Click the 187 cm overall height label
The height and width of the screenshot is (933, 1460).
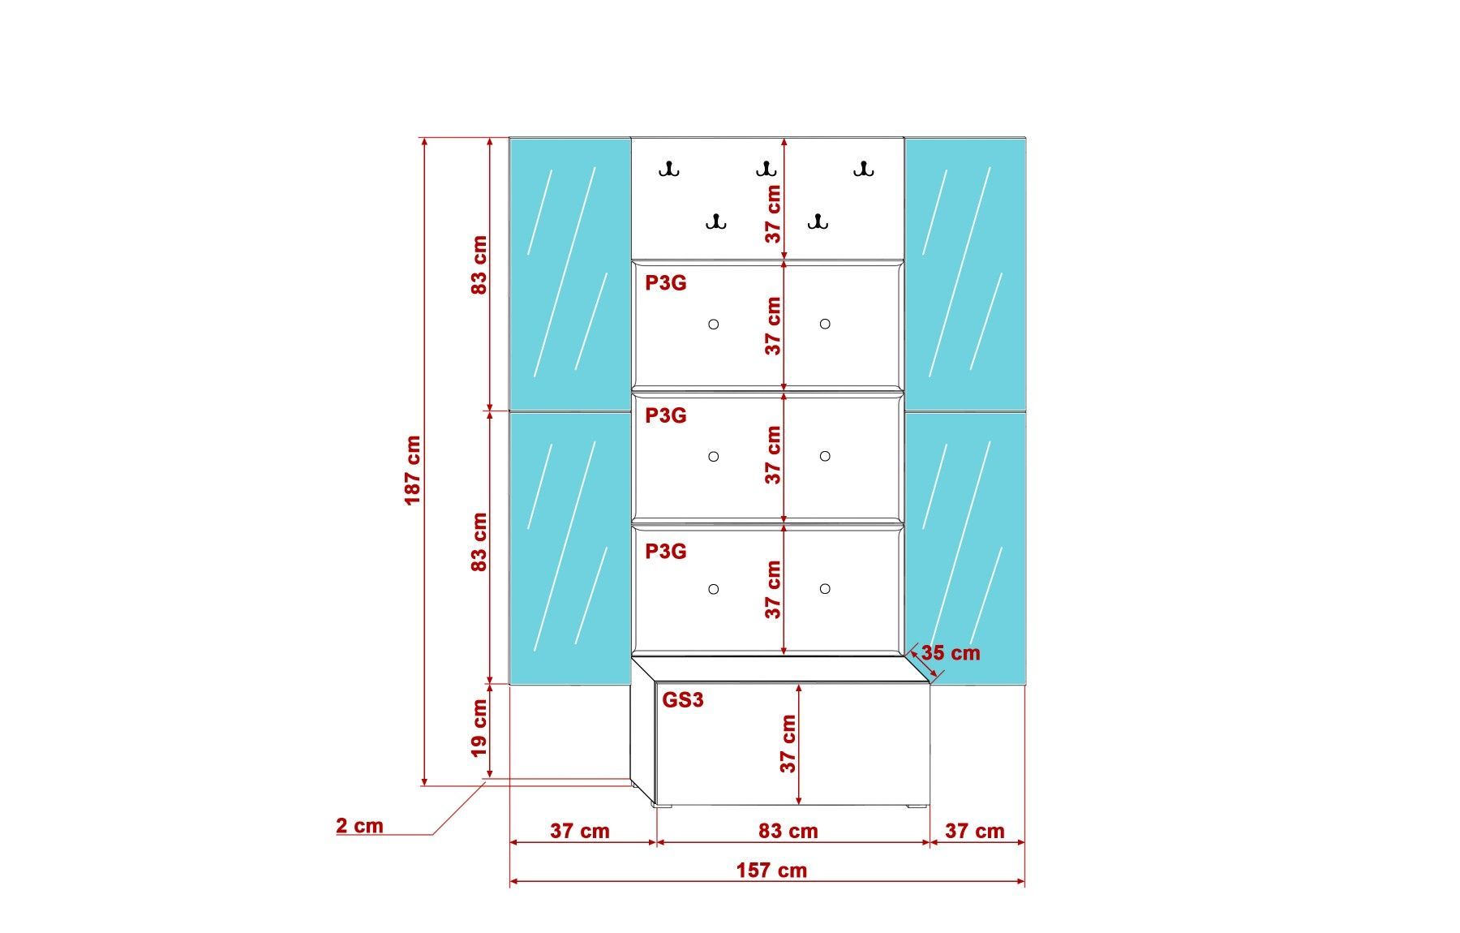pyautogui.click(x=413, y=471)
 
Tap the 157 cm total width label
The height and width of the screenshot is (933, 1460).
pyautogui.click(x=771, y=871)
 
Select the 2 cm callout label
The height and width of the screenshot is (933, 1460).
pyautogui.click(x=359, y=826)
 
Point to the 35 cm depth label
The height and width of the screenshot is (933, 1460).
pyautogui.click(x=951, y=653)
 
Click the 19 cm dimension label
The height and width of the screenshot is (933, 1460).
pyautogui.click(x=479, y=729)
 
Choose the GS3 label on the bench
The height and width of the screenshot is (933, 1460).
pyautogui.click(x=683, y=700)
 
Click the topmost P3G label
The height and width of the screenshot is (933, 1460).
pyautogui.click(x=666, y=283)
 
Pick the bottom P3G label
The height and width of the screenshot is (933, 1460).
pyautogui.click(x=666, y=552)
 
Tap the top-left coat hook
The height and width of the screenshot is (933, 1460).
pyautogui.click(x=669, y=170)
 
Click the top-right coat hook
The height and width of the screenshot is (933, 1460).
pyautogui.click(x=863, y=170)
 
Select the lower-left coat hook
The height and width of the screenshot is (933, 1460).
pyautogui.click(x=715, y=221)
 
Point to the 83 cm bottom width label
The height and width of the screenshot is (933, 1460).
pyautogui.click(x=788, y=832)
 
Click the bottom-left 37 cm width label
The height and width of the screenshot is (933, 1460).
pyautogui.click(x=580, y=832)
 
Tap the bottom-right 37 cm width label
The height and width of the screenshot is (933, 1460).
pyautogui.click(x=975, y=832)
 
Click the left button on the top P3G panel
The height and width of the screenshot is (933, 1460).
pyautogui.click(x=714, y=325)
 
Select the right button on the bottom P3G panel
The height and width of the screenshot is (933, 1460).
pyautogui.click(x=825, y=589)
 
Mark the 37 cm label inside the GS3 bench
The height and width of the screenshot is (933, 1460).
pyautogui.click(x=788, y=743)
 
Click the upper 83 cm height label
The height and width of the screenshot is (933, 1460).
pyautogui.click(x=479, y=265)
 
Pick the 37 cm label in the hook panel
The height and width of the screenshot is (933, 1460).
pyautogui.click(x=773, y=214)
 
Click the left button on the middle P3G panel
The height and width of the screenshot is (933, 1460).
pyautogui.click(x=714, y=457)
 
